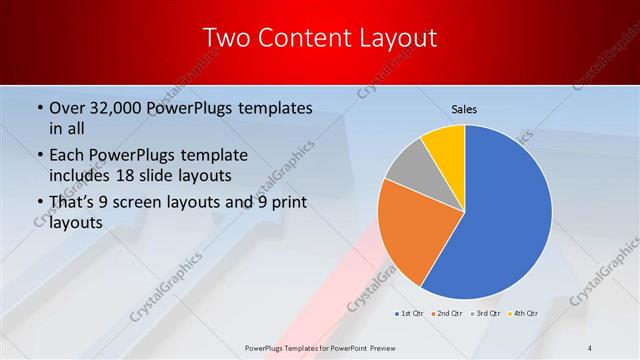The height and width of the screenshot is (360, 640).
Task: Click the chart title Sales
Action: [465, 108]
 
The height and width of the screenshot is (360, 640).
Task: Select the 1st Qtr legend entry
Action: [410, 314]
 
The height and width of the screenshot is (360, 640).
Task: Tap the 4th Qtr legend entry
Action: [524, 314]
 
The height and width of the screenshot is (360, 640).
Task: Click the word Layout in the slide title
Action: [400, 39]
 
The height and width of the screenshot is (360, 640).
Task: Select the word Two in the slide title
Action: [225, 39]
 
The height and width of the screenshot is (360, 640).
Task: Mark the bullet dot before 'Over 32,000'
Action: [38, 108]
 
